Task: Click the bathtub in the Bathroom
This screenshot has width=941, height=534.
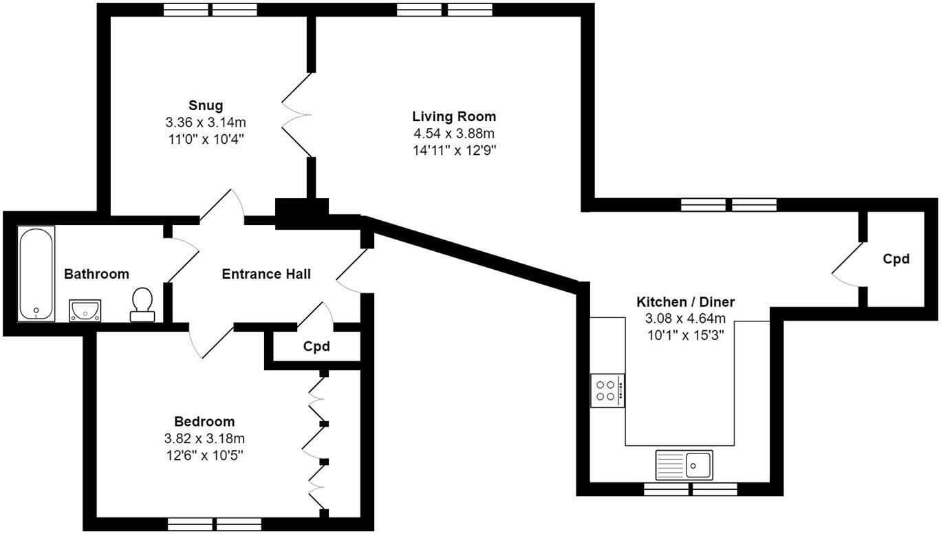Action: pos(36,275)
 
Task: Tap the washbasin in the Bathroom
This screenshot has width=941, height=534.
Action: pos(85,310)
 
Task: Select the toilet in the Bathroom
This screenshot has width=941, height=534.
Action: pos(142,304)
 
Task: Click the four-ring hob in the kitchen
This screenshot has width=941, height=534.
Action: pos(607,390)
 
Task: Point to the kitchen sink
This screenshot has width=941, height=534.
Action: pos(684,464)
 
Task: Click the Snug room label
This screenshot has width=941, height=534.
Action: pos(206,105)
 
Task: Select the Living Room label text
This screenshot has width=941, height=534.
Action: pos(454,116)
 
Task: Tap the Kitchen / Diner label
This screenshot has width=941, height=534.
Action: pos(685,301)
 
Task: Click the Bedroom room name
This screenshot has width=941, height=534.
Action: pos(204,421)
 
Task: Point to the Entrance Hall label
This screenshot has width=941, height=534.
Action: pos(266,274)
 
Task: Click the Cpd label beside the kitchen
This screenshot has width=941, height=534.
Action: pos(896,259)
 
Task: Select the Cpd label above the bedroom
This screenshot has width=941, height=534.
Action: pos(316,346)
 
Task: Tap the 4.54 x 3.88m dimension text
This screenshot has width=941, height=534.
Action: pos(454,133)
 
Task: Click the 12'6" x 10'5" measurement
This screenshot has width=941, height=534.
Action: pos(204,454)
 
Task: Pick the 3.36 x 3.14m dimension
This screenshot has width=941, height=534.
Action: pos(206,122)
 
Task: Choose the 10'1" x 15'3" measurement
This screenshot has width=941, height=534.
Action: pos(685,335)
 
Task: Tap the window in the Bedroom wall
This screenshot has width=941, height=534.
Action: pos(214,524)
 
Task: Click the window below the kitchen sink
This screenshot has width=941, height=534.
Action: pos(690,489)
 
